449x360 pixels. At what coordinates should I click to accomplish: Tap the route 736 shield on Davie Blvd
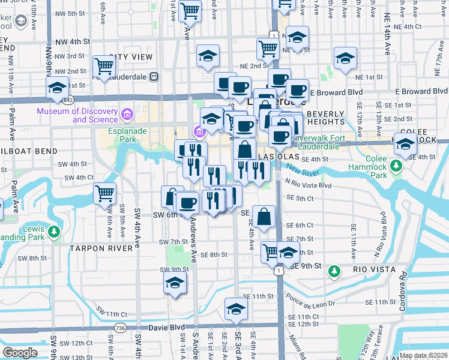(x=121, y=328)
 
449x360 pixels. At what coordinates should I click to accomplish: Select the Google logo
(x=20, y=353)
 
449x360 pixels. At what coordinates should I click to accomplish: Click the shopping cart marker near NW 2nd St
(x=104, y=66)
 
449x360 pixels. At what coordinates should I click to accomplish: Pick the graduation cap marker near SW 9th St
(x=175, y=283)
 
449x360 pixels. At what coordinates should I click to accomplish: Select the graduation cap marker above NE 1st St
(x=345, y=59)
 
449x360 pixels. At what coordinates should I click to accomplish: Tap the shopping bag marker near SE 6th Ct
(x=264, y=216)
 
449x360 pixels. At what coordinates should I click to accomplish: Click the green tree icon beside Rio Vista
(x=334, y=272)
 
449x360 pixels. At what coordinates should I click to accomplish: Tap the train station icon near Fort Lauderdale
(x=154, y=76)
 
